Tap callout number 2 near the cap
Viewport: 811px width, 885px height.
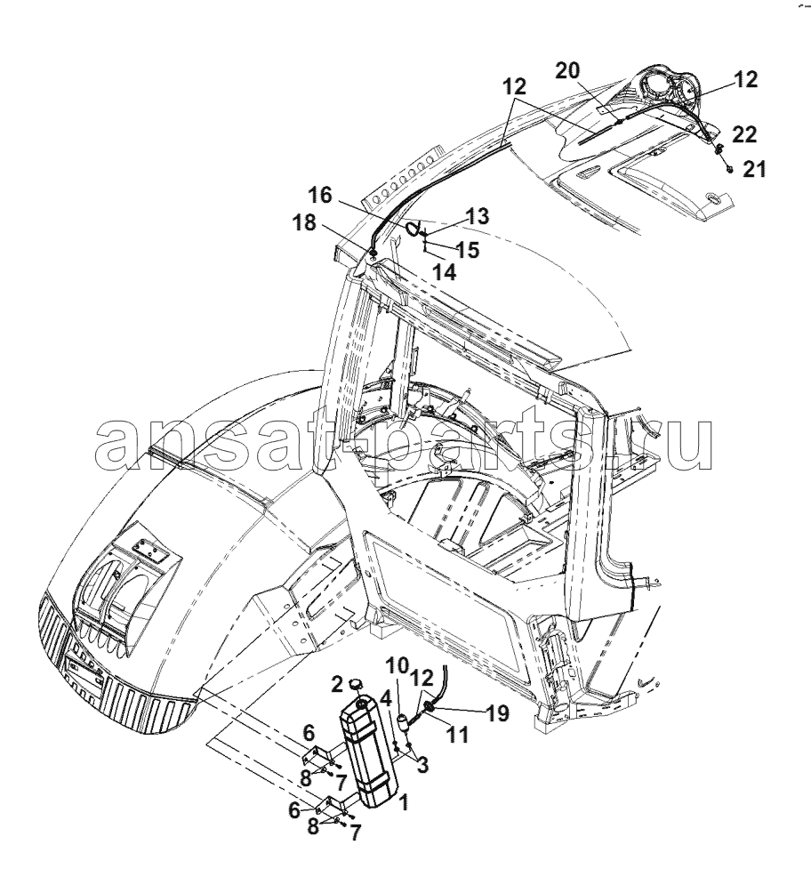click(x=337, y=685)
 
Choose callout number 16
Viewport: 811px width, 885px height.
click(x=320, y=196)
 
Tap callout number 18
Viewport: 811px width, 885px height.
click(x=304, y=222)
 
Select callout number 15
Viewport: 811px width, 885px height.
click(x=468, y=250)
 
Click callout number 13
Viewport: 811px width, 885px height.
click(x=478, y=216)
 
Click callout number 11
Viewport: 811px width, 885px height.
click(x=457, y=735)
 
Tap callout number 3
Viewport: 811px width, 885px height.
click(x=422, y=765)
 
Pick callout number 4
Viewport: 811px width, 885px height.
click(x=386, y=699)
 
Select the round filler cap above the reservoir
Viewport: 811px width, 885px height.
click(x=356, y=684)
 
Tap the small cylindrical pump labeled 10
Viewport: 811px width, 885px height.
click(x=404, y=720)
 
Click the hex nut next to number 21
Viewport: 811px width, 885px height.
click(x=730, y=169)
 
